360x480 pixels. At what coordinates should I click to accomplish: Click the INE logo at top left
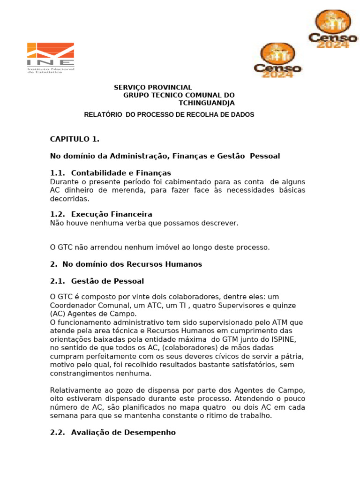pyautogui.click(x=50, y=58)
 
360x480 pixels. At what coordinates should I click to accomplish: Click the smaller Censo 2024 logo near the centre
pyautogui.click(x=277, y=60)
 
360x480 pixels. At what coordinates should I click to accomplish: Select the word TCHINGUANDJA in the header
pyautogui.click(x=207, y=103)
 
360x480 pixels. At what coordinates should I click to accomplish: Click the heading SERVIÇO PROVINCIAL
pyautogui.click(x=153, y=88)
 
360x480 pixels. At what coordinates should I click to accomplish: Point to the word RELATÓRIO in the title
pyautogui.click(x=103, y=114)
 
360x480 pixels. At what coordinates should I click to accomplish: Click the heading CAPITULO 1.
pyautogui.click(x=75, y=139)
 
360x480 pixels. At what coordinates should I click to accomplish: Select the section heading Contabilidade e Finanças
pyautogui.click(x=121, y=173)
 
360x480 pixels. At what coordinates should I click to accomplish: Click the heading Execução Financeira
pyautogui.click(x=112, y=214)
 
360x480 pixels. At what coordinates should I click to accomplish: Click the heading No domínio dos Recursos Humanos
pyautogui.click(x=130, y=264)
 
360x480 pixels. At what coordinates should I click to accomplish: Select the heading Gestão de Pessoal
pyautogui.click(x=107, y=281)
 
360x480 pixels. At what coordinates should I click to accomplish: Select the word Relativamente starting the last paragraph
pyautogui.click(x=75, y=390)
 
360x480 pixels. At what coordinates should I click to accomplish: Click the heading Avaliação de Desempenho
pyautogui.click(x=123, y=433)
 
